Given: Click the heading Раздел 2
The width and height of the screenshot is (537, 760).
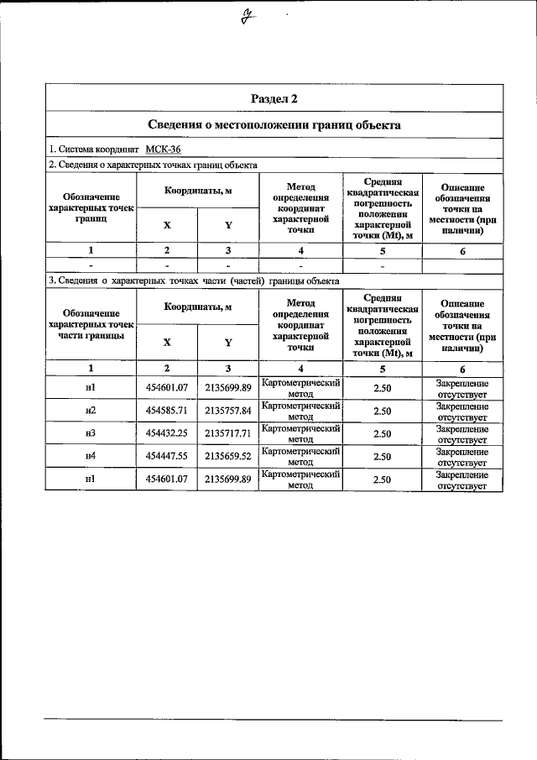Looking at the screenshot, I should click(274, 99).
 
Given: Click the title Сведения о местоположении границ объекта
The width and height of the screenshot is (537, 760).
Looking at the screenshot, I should click(274, 125).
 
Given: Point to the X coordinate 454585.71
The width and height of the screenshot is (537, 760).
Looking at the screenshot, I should click(166, 411).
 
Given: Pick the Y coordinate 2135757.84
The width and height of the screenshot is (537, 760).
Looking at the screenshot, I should click(227, 411).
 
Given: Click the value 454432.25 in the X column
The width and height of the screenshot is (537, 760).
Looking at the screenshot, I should click(166, 433).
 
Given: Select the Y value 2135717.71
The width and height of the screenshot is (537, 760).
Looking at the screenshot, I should click(227, 433).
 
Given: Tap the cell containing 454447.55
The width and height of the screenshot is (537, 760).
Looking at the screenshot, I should click(166, 456).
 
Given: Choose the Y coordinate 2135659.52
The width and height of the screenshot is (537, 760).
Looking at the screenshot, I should click(227, 456).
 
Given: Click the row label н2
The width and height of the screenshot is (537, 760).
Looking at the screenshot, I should click(91, 411).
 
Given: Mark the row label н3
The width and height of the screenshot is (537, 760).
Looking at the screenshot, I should click(91, 433).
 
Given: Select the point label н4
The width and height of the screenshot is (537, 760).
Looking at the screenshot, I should click(91, 456).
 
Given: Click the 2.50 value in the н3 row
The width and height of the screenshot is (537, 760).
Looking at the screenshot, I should click(382, 433).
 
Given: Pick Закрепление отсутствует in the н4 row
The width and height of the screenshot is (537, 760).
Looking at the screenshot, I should click(462, 457).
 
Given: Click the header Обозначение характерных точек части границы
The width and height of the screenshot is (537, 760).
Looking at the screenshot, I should click(91, 324).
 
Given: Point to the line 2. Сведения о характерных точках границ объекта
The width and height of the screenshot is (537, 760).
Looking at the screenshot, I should click(153, 165).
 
